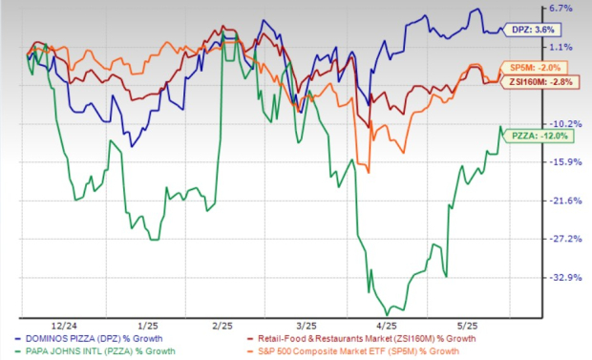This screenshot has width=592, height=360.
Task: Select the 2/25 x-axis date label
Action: pyautogui.click(x=222, y=325)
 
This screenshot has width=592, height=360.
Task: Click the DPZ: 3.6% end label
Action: pyautogui.click(x=535, y=31)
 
